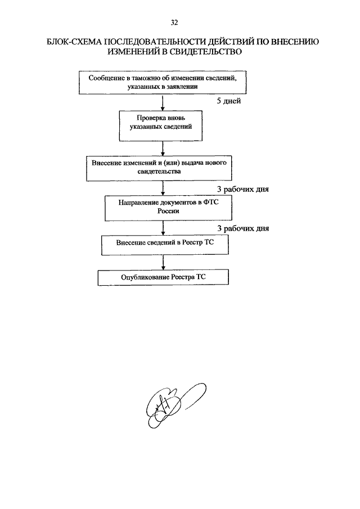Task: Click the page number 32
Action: point(174,22)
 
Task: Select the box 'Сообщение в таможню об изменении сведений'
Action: point(163,83)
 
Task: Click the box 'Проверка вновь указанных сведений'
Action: point(161,126)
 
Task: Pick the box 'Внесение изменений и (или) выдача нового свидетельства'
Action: point(159,168)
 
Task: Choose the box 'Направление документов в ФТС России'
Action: point(169,208)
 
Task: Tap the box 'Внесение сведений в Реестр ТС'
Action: point(165,245)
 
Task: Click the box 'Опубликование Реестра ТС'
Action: point(163,277)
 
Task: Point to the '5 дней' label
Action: point(229,101)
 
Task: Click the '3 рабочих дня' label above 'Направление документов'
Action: point(243,189)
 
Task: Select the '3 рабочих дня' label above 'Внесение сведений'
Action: point(243,228)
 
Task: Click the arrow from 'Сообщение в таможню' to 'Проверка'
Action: point(163,102)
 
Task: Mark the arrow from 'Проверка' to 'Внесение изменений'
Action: point(163,148)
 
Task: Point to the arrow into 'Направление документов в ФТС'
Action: point(163,188)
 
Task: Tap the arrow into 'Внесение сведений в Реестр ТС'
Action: point(163,228)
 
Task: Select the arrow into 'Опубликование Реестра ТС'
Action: point(163,262)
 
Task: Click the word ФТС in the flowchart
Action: point(211,202)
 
